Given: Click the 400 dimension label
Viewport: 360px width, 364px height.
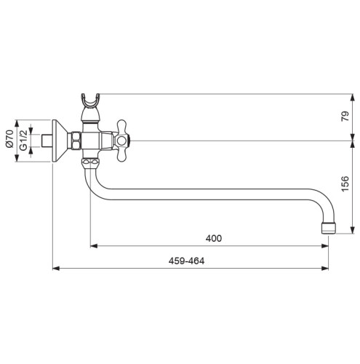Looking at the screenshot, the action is pos(214,238).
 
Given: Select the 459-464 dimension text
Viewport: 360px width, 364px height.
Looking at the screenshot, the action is pos(186,261).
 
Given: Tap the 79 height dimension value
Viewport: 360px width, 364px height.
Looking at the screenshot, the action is pos(345,116).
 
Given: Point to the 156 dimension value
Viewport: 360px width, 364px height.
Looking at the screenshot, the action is pos(345,183).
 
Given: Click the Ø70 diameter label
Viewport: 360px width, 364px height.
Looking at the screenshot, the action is pos(9,139).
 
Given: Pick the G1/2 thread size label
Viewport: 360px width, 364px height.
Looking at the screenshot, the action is pos(23,141).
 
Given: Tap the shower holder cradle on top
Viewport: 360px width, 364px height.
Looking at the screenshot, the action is pos(90,100).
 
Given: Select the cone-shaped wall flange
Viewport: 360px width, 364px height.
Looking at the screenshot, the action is pos(61,141).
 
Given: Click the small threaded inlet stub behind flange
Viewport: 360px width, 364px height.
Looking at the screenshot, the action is pos(47,141).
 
